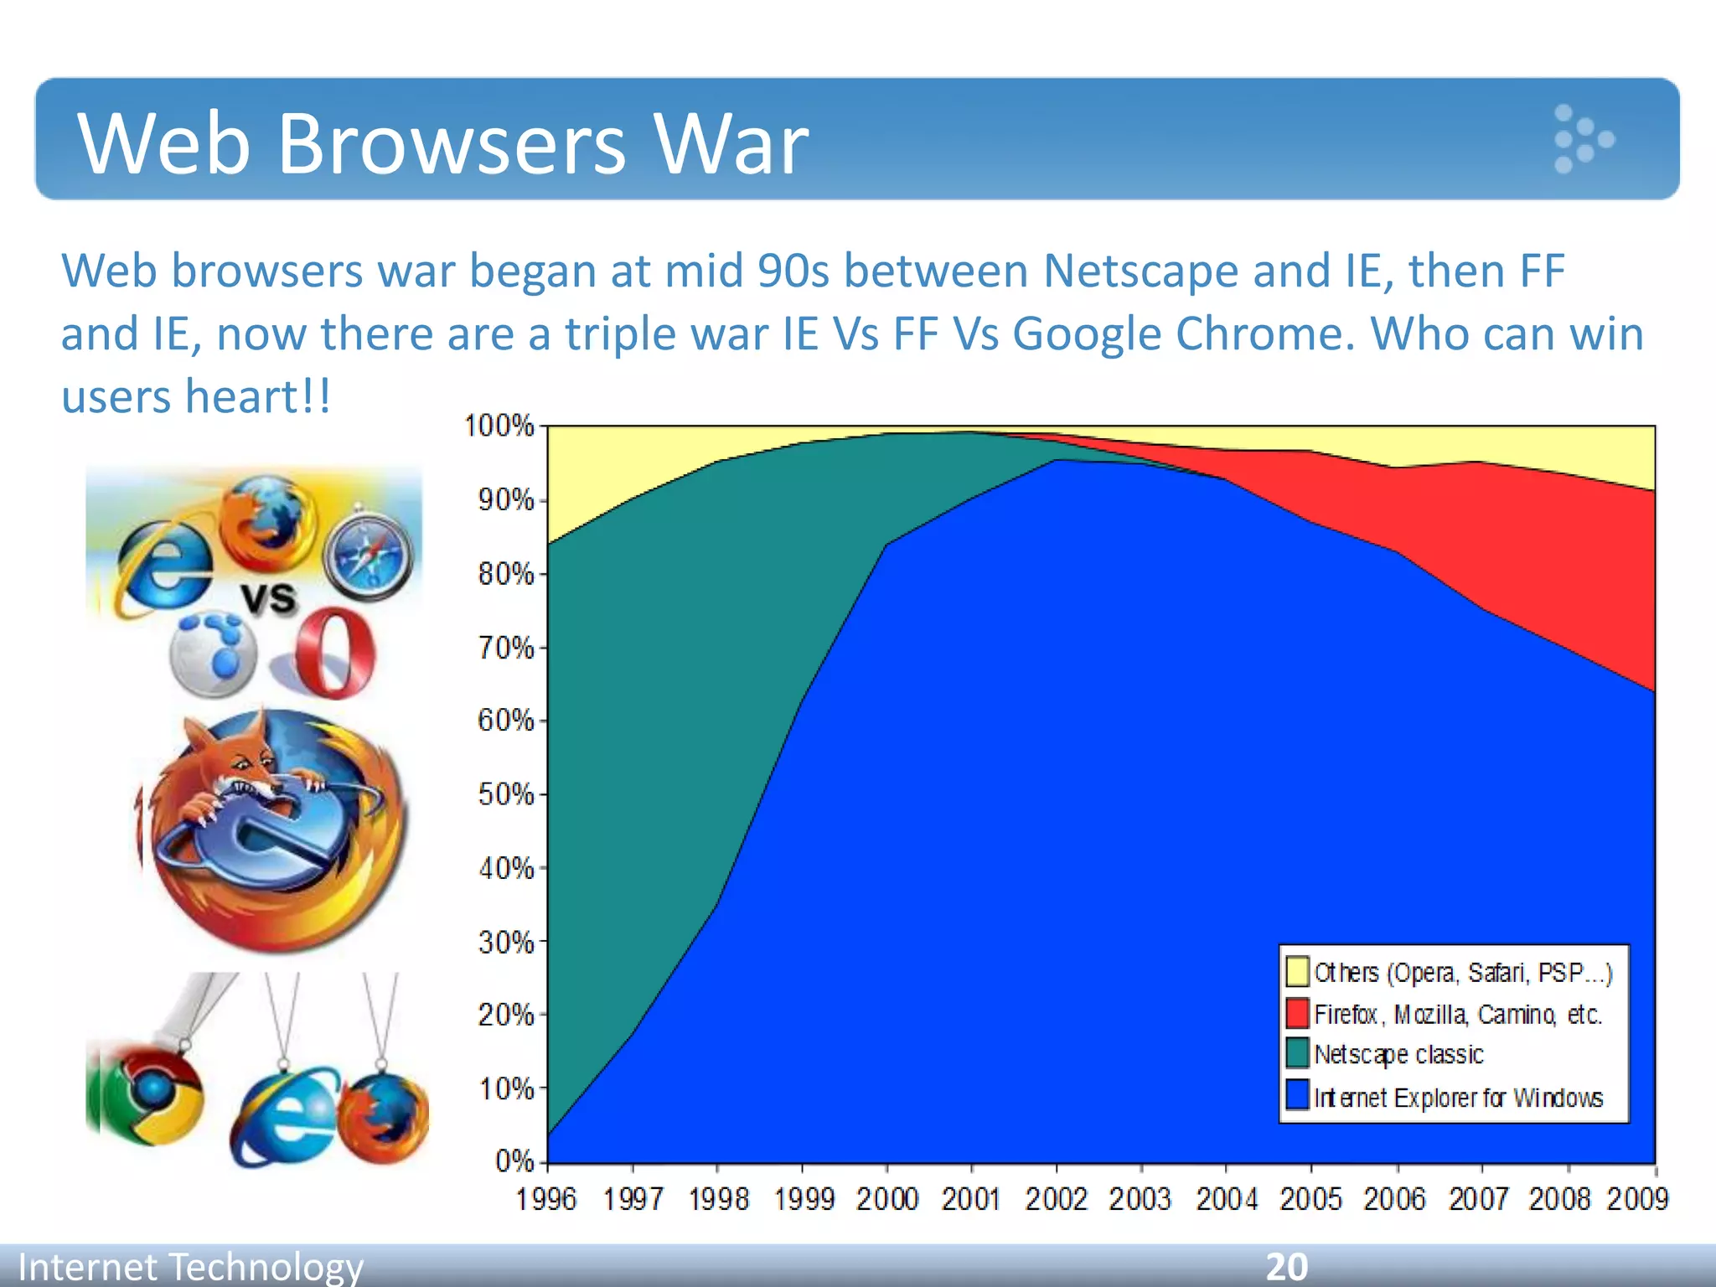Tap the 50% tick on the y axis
506,794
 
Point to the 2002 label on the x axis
1055,1199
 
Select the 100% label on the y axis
499,426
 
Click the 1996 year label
546,1199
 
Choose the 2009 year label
1637,1199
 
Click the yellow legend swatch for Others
1297,971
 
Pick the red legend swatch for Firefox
1297,1013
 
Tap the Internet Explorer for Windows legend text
1458,1098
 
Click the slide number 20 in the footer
1286,1267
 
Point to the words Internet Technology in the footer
191,1267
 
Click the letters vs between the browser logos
269,598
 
